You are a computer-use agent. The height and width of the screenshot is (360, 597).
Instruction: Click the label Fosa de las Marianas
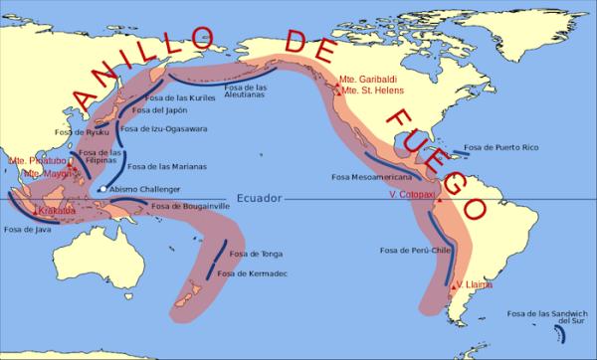(x=163, y=166)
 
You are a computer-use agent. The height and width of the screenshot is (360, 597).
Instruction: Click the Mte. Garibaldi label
(x=366, y=79)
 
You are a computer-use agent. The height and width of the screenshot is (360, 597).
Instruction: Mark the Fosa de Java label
(x=27, y=231)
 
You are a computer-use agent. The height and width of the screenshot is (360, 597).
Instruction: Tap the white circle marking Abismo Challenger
(x=101, y=189)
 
